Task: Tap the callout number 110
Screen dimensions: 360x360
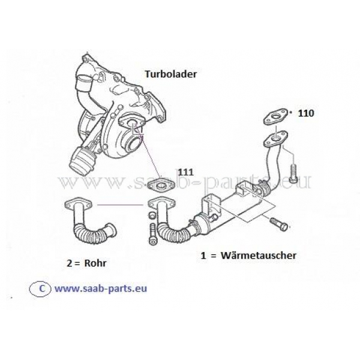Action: pyautogui.click(x=305, y=112)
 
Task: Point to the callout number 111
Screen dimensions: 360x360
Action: pyautogui.click(x=185, y=171)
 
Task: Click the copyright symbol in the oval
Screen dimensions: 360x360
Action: pyautogui.click(x=41, y=287)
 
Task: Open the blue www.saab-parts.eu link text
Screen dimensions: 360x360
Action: pyautogui.click(x=101, y=287)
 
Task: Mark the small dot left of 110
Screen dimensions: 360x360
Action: pyautogui.click(x=291, y=112)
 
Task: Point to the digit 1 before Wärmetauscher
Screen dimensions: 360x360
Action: pyautogui.click(x=204, y=255)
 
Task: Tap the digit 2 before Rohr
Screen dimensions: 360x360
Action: pyautogui.click(x=71, y=262)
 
